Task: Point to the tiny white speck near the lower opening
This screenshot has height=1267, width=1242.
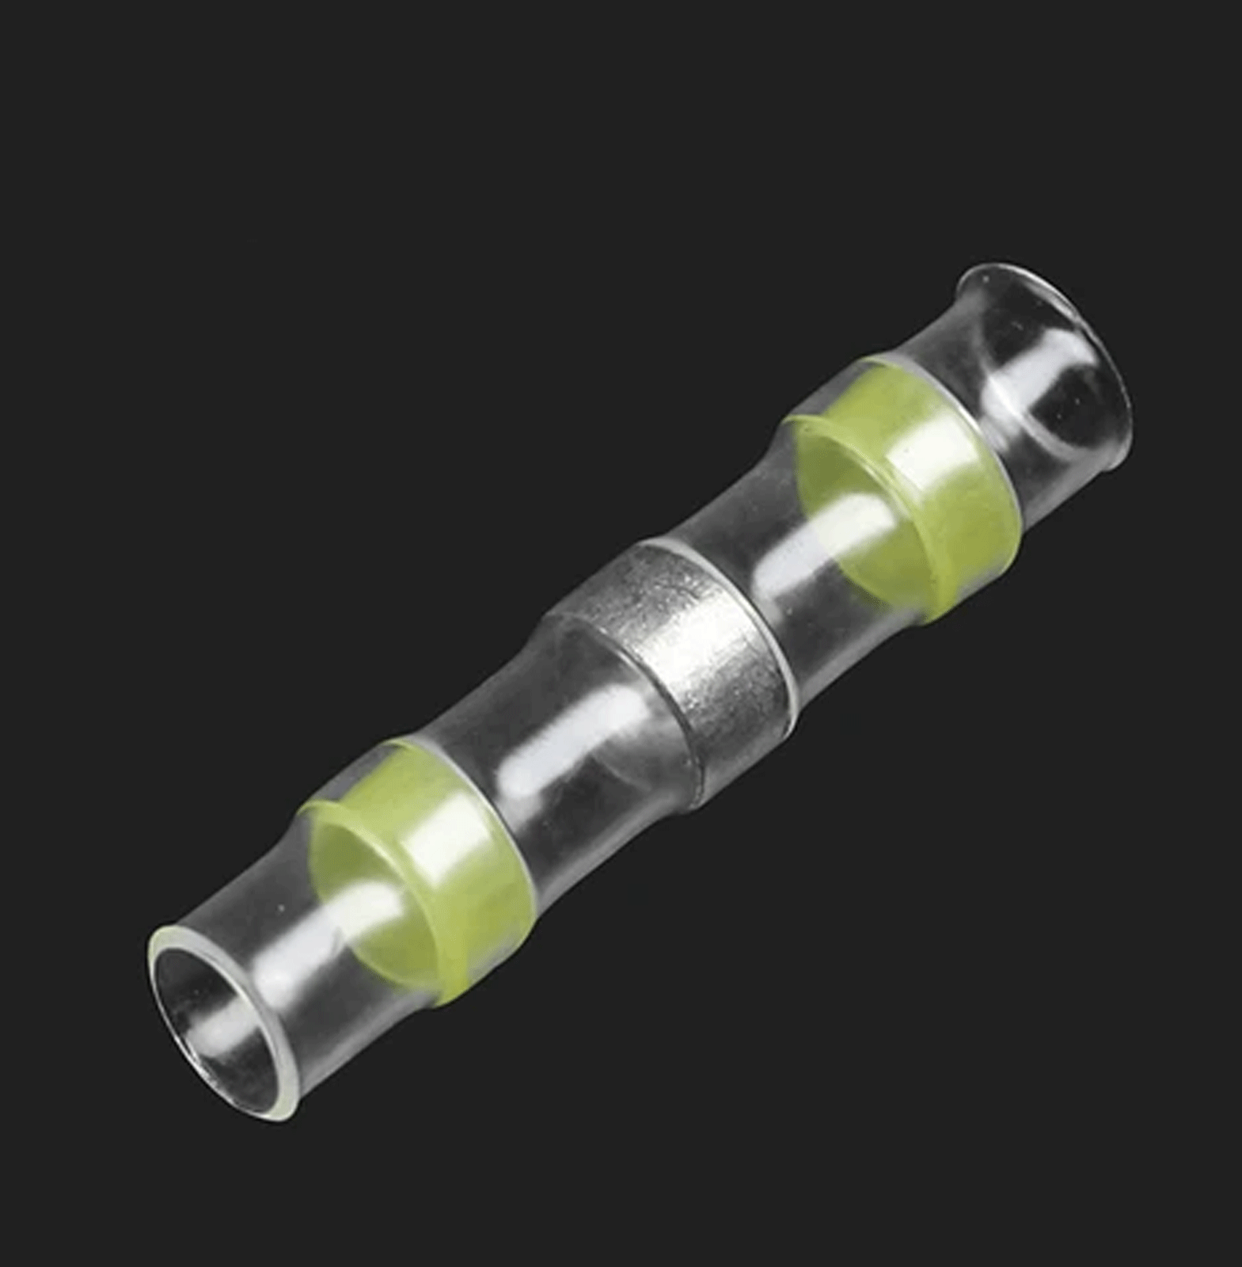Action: click(x=280, y=907)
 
